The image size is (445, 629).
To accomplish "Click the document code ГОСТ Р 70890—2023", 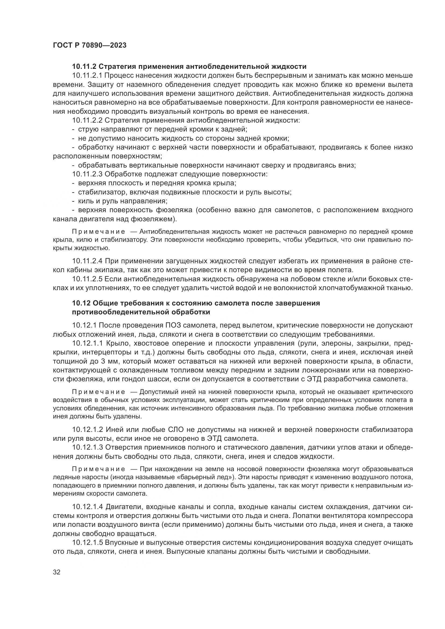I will click(x=90, y=45).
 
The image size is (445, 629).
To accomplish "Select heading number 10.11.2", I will click(x=84, y=67).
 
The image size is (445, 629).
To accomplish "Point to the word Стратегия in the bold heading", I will click(x=115, y=67).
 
